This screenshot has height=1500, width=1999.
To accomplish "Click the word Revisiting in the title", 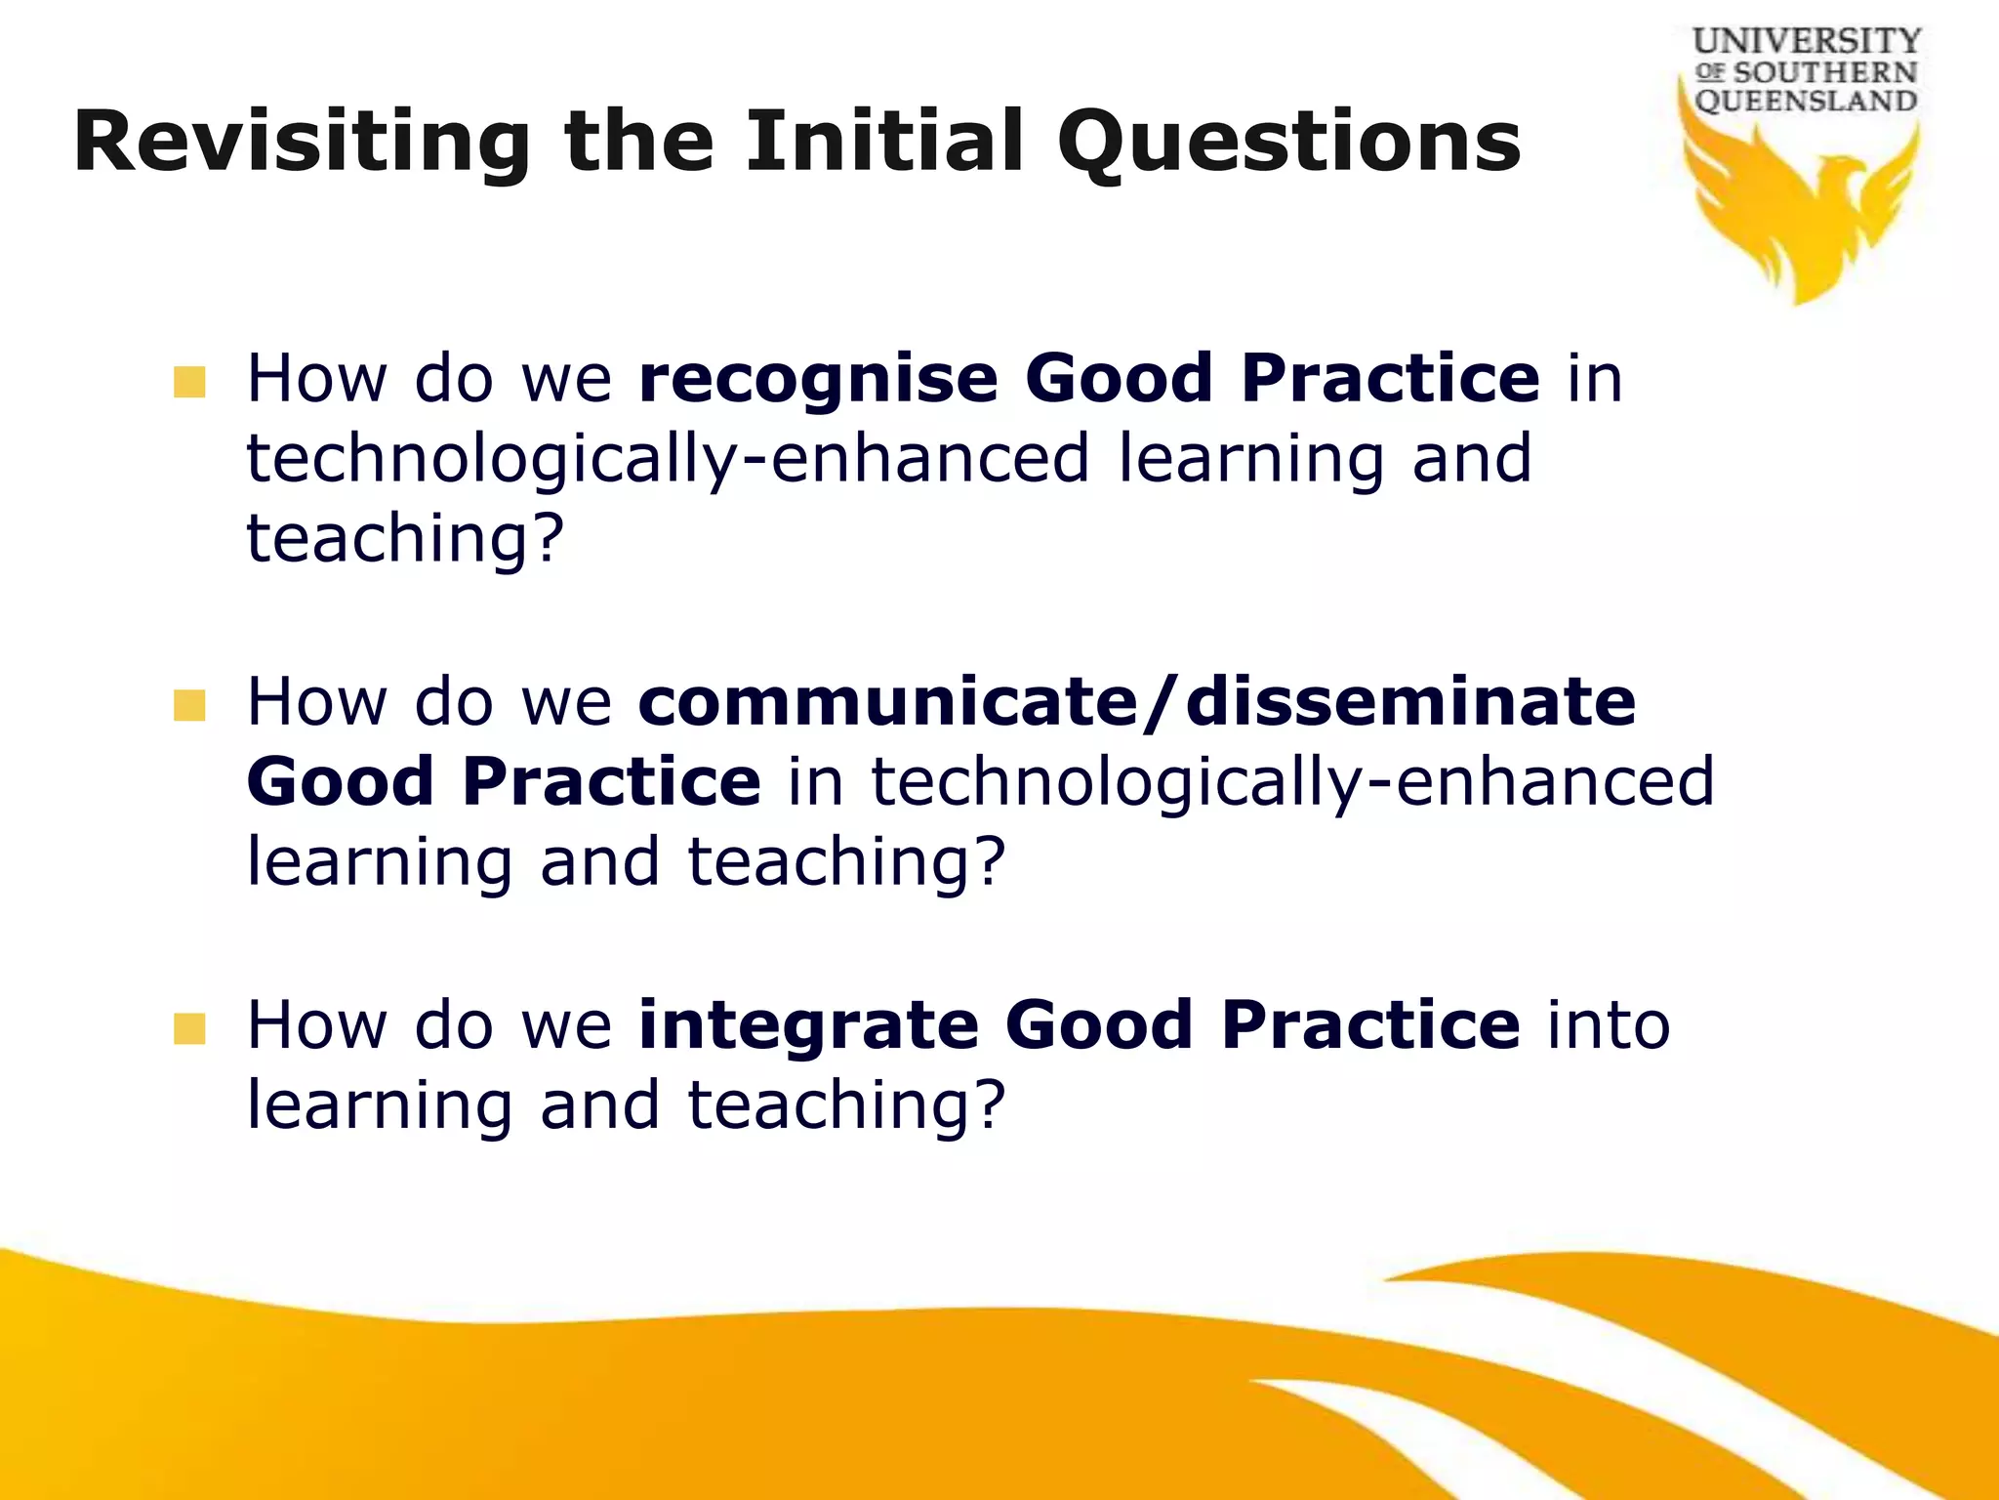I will [x=302, y=144].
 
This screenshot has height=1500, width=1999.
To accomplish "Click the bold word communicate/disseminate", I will [x=1136, y=702].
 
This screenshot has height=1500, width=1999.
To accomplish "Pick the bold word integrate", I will [x=808, y=1025].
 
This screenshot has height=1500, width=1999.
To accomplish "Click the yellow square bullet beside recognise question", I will [x=189, y=382].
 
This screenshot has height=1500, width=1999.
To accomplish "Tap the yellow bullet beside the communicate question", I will [x=189, y=705].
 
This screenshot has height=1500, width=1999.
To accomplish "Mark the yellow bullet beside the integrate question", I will [x=189, y=1028].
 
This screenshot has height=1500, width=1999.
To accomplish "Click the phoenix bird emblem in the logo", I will [x=1801, y=210].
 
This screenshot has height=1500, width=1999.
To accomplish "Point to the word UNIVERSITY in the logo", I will [x=1807, y=41].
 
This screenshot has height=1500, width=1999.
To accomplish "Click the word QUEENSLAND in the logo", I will [x=1806, y=102].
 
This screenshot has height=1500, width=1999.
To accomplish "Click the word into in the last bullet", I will [x=1609, y=1025].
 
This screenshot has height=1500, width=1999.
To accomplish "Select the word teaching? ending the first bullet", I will [x=405, y=540].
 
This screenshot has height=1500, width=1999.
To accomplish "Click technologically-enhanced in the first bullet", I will [x=667, y=459].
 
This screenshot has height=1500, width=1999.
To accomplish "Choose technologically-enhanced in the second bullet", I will [x=1291, y=782].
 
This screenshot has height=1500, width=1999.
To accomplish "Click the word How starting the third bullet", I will [x=317, y=1025].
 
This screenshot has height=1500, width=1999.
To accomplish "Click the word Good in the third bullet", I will [x=1098, y=1025].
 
